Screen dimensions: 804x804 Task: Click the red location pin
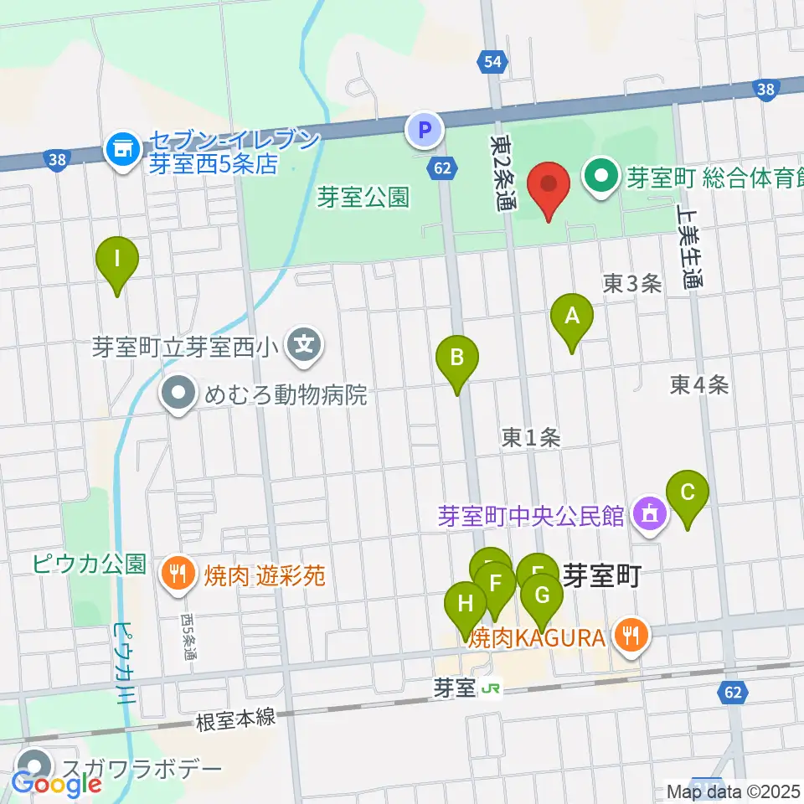click(x=549, y=186)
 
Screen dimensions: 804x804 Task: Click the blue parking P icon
click(x=424, y=130)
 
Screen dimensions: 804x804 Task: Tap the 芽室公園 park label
click(x=363, y=198)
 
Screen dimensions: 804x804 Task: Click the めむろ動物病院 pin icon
click(x=178, y=394)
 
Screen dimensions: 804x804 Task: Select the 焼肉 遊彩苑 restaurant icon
click(x=177, y=575)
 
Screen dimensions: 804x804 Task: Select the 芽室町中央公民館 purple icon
click(x=649, y=514)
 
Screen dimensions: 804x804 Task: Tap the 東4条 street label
click(x=699, y=384)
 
